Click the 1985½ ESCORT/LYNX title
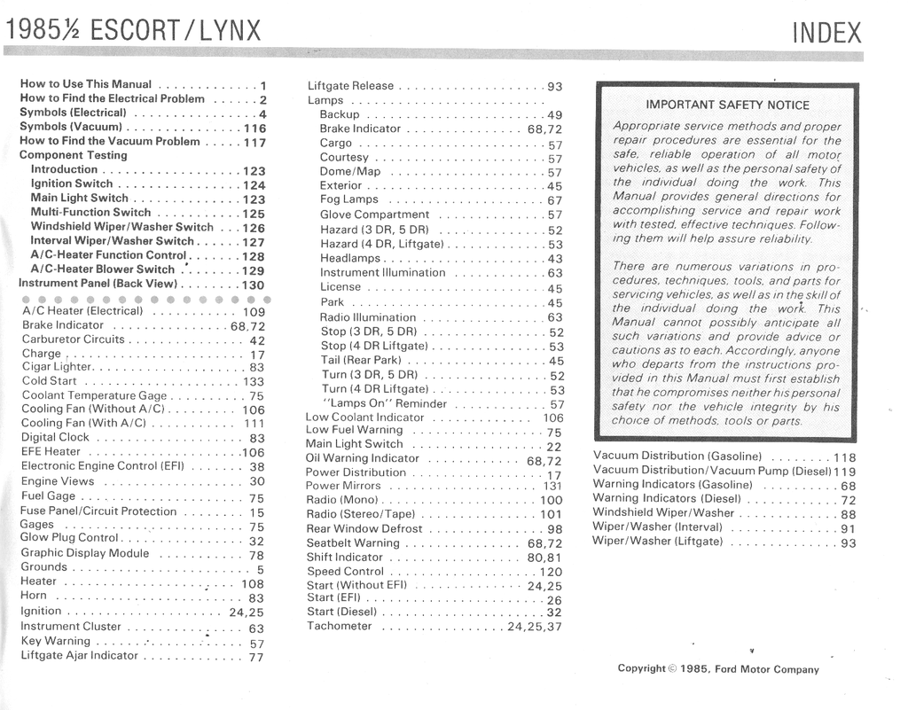tap(134, 31)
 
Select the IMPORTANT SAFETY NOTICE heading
tap(727, 105)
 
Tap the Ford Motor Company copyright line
tap(718, 669)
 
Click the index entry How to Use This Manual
tap(86, 84)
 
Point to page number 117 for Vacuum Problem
tap(254, 142)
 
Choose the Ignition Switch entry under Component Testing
tap(72, 184)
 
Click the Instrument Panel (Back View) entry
tap(98, 285)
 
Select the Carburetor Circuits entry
tap(74, 339)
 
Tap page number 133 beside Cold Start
tap(254, 382)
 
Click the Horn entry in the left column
tap(34, 596)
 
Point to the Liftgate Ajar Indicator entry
tap(80, 656)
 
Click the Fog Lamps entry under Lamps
tap(348, 199)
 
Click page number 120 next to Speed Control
tap(551, 573)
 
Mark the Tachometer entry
tap(340, 626)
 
